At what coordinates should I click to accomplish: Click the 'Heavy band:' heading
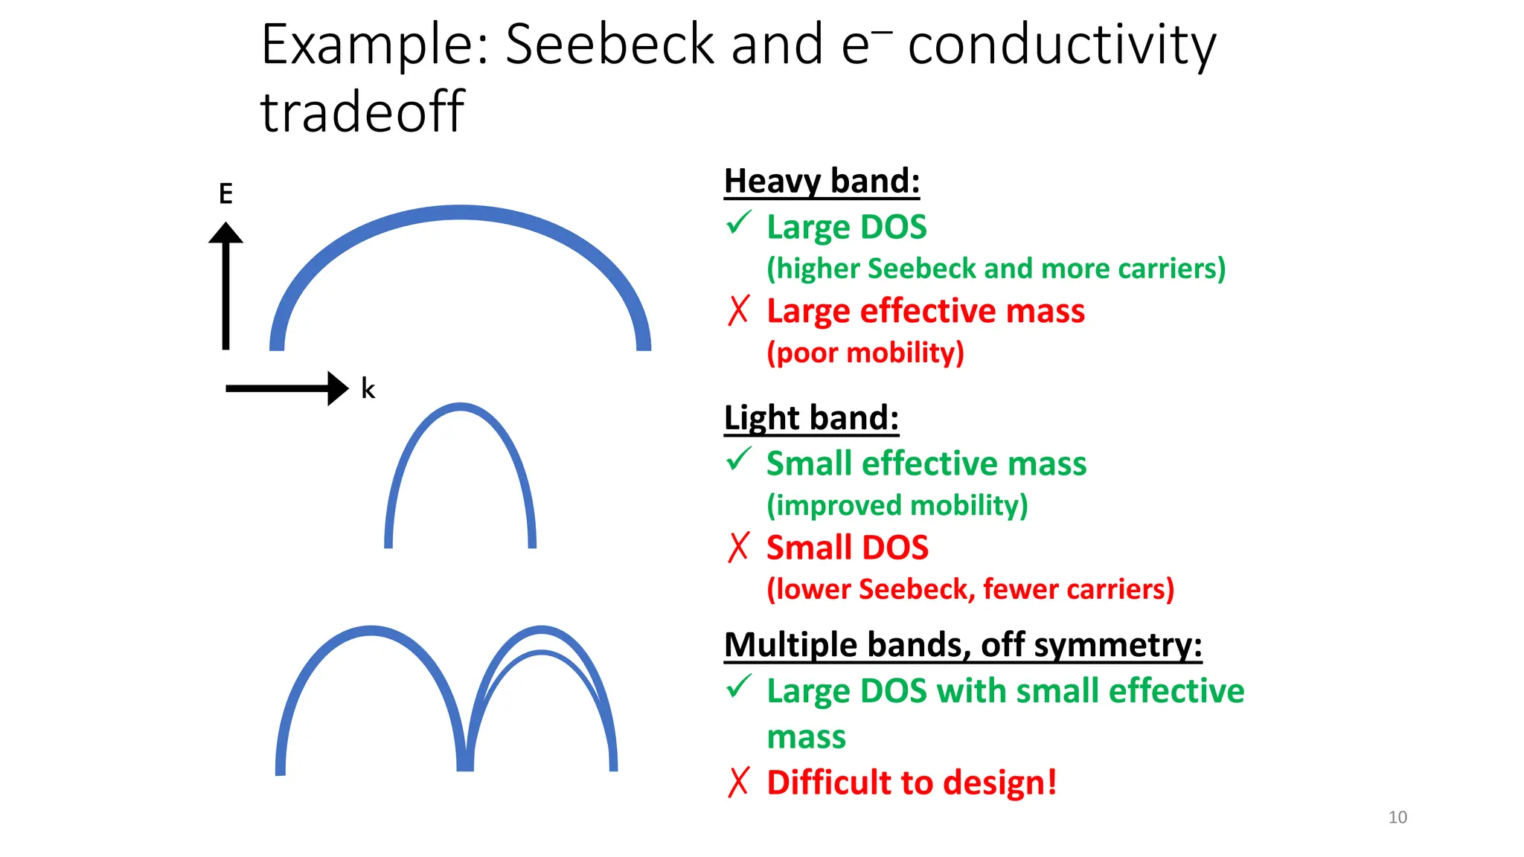click(822, 181)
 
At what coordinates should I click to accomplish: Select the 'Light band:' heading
click(811, 417)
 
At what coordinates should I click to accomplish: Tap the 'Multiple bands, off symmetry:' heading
click(962, 644)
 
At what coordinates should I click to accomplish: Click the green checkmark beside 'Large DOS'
click(738, 223)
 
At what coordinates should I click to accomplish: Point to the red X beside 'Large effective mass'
click(738, 310)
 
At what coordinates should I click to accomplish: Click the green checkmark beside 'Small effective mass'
click(738, 460)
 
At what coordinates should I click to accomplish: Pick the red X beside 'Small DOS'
click(738, 547)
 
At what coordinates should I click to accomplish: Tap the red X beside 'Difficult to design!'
click(738, 782)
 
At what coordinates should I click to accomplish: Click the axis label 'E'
click(225, 194)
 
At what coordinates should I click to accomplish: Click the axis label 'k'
click(368, 388)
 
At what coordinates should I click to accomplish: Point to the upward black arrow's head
click(225, 233)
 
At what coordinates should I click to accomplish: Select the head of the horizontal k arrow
click(338, 388)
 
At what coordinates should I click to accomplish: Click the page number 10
click(1397, 817)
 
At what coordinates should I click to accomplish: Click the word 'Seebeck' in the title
click(609, 45)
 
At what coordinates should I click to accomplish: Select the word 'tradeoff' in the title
click(362, 112)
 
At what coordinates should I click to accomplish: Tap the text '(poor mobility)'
click(865, 353)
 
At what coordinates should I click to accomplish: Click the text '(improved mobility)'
click(897, 505)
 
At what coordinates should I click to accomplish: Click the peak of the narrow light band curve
click(460, 407)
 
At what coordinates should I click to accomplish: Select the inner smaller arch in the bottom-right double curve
click(542, 654)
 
